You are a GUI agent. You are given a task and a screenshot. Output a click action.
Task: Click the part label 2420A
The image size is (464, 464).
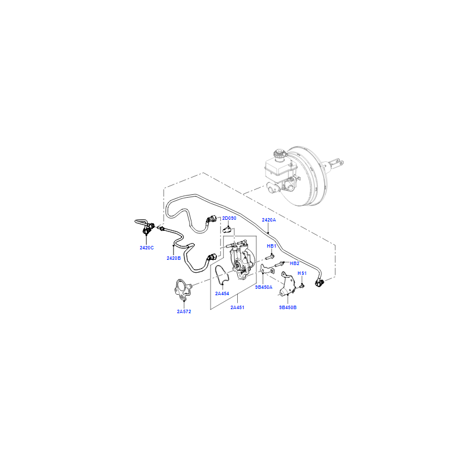click(269, 220)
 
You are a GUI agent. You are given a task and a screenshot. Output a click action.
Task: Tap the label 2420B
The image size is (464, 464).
click(173, 258)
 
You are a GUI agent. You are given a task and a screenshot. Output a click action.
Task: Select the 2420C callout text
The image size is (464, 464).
click(147, 248)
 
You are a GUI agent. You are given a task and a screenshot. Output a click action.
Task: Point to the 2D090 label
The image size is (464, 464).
click(229, 218)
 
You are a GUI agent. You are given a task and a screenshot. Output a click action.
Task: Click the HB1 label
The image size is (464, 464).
click(271, 246)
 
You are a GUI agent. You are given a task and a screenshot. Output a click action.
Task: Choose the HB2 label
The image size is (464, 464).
click(295, 263)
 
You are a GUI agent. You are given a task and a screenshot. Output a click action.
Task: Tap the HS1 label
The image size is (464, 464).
click(302, 273)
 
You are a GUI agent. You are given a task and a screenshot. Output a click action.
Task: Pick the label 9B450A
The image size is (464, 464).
click(264, 287)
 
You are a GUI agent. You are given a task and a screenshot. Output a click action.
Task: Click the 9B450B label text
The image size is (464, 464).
click(288, 307)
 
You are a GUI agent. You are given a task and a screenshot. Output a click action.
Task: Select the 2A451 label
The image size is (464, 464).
click(237, 307)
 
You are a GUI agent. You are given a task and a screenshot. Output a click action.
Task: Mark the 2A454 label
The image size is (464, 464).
click(222, 293)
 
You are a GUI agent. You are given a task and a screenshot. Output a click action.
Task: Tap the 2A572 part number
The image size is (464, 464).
click(184, 311)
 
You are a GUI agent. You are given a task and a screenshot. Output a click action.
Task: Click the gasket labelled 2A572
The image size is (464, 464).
click(182, 289)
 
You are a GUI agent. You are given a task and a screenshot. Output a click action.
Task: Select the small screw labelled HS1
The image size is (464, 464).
click(301, 286)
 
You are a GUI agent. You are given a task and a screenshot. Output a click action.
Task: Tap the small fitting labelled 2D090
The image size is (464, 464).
click(227, 229)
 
